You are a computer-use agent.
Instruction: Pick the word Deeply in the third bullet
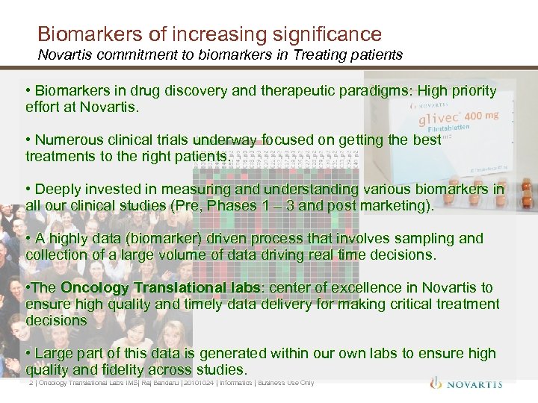click(55, 189)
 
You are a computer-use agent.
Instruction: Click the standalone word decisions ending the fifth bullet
click(56, 320)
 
